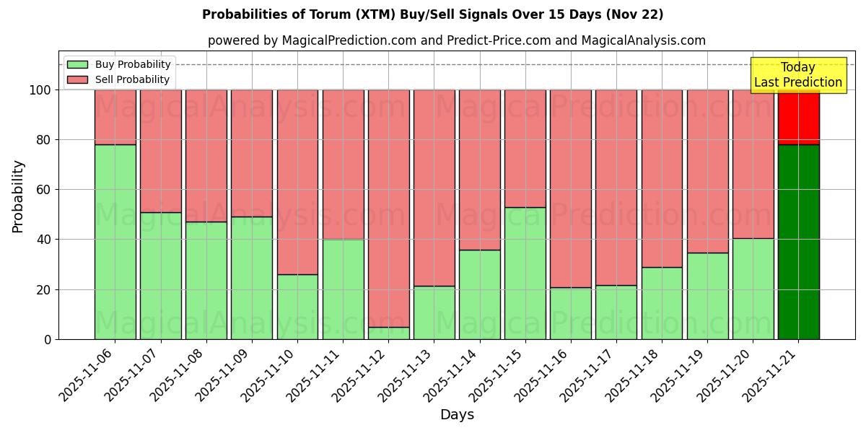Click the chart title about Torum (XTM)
[x=432, y=14]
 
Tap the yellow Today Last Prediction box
[x=797, y=75]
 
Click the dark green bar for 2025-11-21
[x=798, y=242]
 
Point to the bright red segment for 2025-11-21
[x=798, y=117]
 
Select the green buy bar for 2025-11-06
[x=115, y=242]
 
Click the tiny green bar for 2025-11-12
[x=388, y=333]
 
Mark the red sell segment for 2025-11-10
[x=297, y=182]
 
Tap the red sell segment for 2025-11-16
[x=571, y=188]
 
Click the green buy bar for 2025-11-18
[x=662, y=303]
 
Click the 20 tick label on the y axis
[x=43, y=290]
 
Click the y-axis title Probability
[x=18, y=196]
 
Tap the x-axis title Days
[x=457, y=415]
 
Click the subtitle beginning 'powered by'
[x=457, y=40]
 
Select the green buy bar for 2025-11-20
[x=753, y=289]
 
